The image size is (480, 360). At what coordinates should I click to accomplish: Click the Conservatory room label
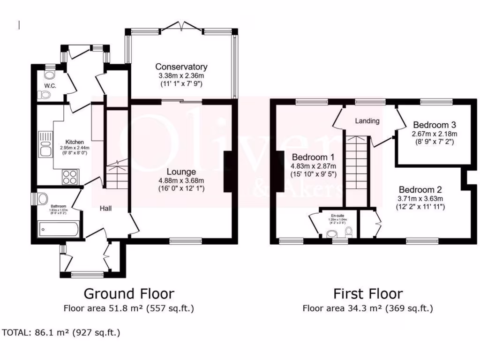[x=181, y=67]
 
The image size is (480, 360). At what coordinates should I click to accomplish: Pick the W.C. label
[x=51, y=86]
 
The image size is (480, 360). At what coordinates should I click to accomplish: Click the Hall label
[x=105, y=210]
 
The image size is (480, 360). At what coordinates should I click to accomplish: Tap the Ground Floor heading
[x=129, y=294]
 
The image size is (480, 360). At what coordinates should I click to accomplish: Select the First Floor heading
[x=368, y=294]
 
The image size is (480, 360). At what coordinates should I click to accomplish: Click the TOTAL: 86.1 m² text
[x=61, y=333]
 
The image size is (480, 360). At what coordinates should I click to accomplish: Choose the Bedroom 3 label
[x=434, y=125]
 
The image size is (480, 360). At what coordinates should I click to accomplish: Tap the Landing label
[x=367, y=121]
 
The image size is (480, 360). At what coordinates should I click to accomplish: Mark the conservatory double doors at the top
[x=181, y=28]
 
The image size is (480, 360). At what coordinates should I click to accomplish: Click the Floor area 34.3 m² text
[x=368, y=308]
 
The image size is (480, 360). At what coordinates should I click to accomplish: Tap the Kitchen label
[x=74, y=142]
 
